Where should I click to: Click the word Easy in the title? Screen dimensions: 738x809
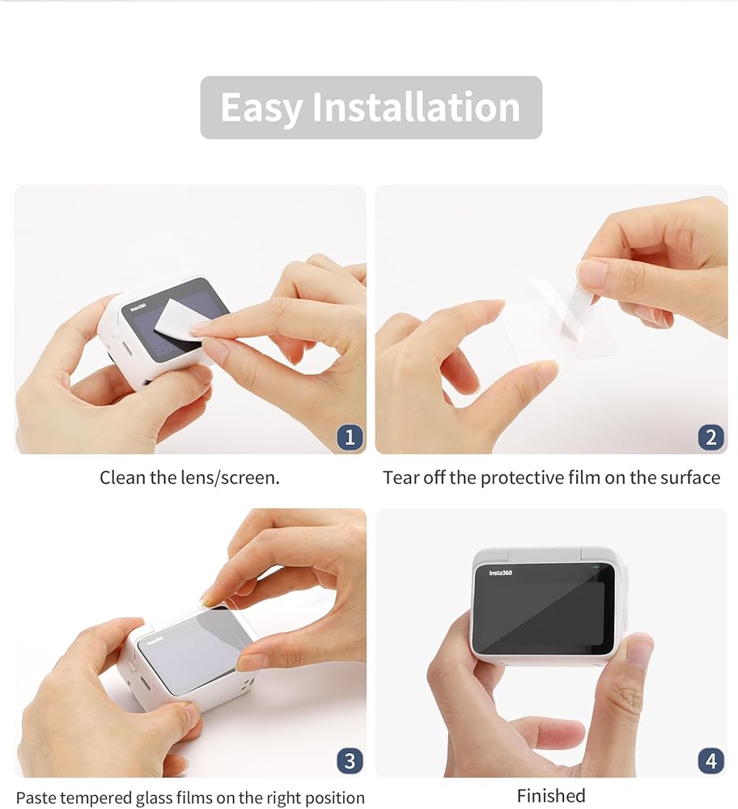pyautogui.click(x=261, y=108)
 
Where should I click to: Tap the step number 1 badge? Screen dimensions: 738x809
pyautogui.click(x=350, y=437)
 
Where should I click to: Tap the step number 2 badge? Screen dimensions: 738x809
pyautogui.click(x=710, y=437)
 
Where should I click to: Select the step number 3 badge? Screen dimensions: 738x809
pyautogui.click(x=350, y=760)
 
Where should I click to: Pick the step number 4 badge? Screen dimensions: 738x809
pyautogui.click(x=710, y=760)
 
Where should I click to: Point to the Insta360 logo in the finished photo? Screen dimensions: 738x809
pyautogui.click(x=500, y=573)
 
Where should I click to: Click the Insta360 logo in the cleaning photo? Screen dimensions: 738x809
pyautogui.click(x=138, y=307)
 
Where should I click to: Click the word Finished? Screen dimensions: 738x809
pyautogui.click(x=550, y=795)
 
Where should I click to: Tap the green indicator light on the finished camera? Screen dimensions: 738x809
pyautogui.click(x=596, y=567)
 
